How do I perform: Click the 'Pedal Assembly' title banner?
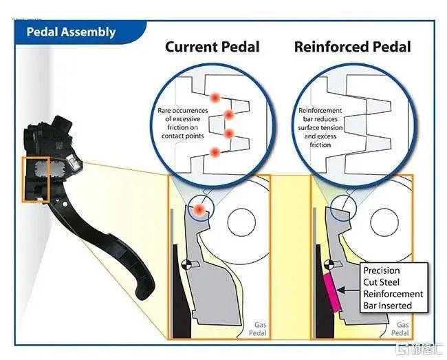pos(80,32)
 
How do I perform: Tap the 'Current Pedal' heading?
pos(212,47)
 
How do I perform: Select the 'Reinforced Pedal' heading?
pos(353,47)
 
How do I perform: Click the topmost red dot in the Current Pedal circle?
pos(215,98)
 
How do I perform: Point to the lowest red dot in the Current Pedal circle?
pos(215,153)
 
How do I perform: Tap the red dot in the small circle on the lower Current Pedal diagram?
pos(199,210)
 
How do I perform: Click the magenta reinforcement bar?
pos(332,293)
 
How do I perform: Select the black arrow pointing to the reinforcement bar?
pos(349,290)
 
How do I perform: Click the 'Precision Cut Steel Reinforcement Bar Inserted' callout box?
pos(394,288)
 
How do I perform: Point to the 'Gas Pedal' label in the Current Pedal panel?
pos(258,329)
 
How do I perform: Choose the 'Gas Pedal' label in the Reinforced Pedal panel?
pos(400,329)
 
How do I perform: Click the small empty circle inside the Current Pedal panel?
pos(241,222)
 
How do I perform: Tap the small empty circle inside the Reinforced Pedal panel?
pos(384,222)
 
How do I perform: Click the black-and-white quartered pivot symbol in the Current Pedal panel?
pos(186,264)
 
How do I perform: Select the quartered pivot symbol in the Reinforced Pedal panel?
pos(329,264)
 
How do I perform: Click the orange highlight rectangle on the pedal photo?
pos(23,180)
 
